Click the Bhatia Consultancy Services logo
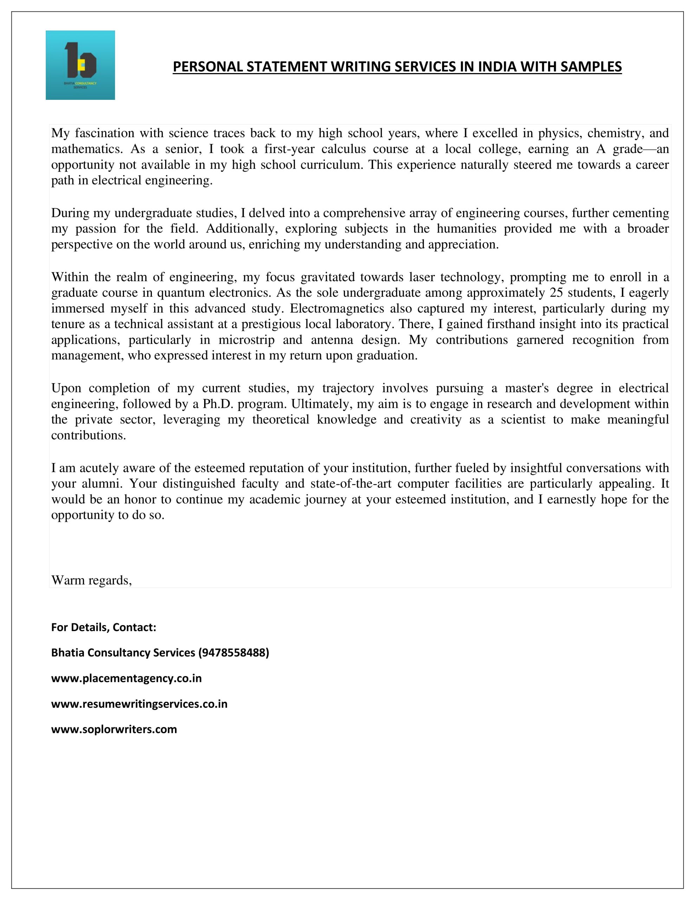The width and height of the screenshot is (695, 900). pyautogui.click(x=80, y=65)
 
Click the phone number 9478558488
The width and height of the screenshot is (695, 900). pyautogui.click(x=234, y=652)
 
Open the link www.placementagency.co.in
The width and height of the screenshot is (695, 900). pyautogui.click(x=126, y=678)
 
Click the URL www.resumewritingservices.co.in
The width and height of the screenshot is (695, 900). pyautogui.click(x=139, y=703)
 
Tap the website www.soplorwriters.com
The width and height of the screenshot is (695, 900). pyautogui.click(x=114, y=729)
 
